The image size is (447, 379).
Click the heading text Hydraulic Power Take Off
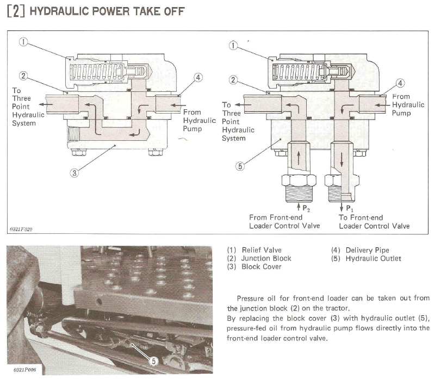(x=107, y=11)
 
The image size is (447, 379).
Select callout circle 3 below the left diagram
(x=75, y=173)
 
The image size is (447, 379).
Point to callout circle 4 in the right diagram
(x=401, y=83)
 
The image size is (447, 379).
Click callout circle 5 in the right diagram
(x=239, y=166)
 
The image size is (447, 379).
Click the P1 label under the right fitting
(x=344, y=208)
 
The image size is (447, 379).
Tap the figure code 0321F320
(x=21, y=229)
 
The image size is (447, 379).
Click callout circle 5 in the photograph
(x=153, y=360)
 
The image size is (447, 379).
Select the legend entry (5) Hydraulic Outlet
(x=366, y=258)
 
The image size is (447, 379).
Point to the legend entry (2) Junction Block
(x=259, y=258)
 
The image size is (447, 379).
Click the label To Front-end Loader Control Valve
(x=374, y=222)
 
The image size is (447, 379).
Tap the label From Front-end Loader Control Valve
(x=284, y=222)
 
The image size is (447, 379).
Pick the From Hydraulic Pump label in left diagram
(x=200, y=121)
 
